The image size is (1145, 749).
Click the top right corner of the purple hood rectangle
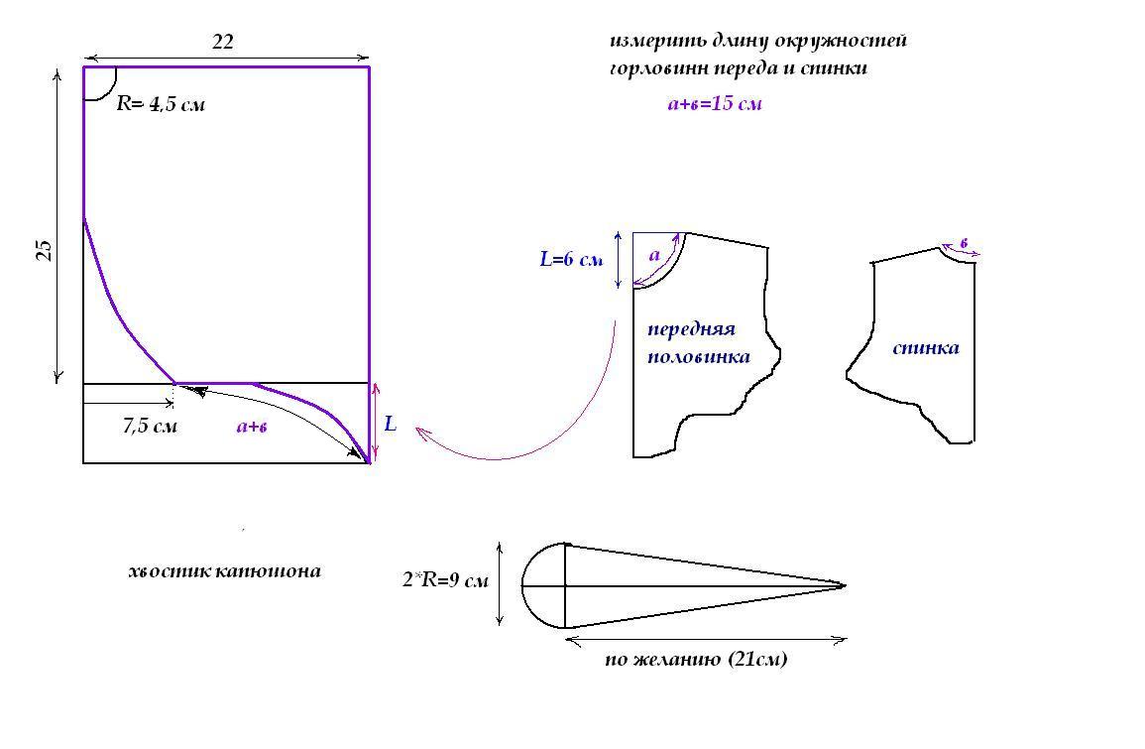click(369, 67)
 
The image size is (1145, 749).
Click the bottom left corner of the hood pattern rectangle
click(83, 462)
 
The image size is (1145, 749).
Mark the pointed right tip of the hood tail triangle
click(845, 585)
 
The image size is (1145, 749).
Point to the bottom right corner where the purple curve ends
click(369, 462)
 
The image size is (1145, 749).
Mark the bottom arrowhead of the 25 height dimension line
click(57, 378)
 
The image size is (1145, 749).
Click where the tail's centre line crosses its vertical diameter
click(566, 585)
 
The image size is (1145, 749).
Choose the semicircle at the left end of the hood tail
click(543, 585)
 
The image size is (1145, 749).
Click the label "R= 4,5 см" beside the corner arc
click(161, 104)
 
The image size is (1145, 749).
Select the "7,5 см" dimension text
click(150, 426)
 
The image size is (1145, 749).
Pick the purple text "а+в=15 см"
click(714, 103)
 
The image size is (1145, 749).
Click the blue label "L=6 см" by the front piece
click(571, 259)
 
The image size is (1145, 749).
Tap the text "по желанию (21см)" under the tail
click(696, 659)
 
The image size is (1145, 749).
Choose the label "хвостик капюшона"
click(224, 570)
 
